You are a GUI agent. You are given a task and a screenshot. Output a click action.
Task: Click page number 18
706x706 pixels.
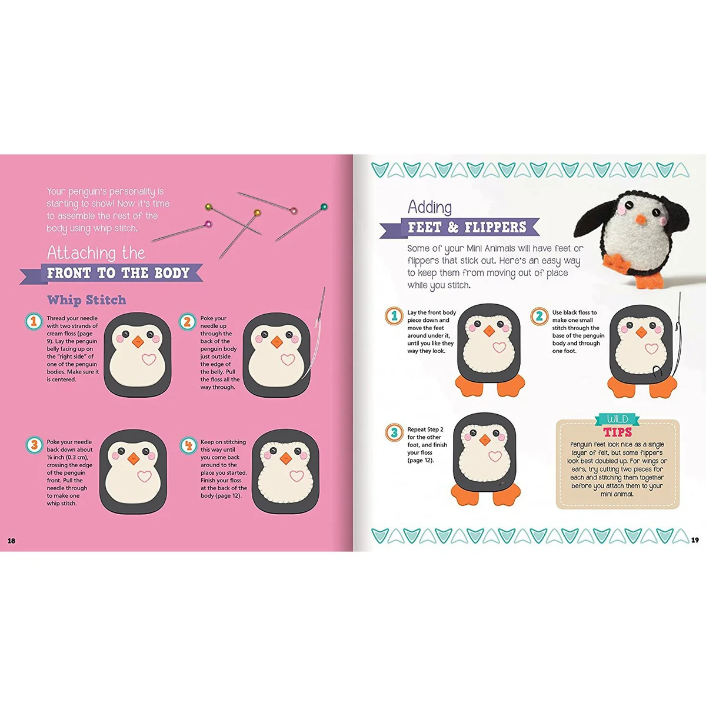(x=11, y=541)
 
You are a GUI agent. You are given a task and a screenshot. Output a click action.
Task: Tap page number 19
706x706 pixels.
(x=695, y=540)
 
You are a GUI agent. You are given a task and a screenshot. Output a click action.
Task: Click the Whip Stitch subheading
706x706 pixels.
(x=86, y=299)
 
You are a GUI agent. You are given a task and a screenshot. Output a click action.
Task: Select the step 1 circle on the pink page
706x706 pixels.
(x=34, y=321)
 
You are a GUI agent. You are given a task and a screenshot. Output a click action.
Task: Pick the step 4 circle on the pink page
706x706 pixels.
(x=188, y=445)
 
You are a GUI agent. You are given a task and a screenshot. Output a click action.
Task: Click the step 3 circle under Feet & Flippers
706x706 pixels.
(x=394, y=432)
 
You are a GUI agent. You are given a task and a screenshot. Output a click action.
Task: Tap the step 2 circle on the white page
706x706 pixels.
(x=540, y=316)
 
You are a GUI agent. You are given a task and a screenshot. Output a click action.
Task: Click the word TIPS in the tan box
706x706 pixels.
(x=618, y=432)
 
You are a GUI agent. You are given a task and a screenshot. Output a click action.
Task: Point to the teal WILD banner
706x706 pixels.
(x=617, y=419)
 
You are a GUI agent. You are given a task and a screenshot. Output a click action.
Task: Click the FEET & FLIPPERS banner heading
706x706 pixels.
(x=460, y=228)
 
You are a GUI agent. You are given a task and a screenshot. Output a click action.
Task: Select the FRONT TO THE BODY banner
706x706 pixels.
(x=112, y=273)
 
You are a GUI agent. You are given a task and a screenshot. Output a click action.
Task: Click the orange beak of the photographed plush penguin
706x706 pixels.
(x=641, y=219)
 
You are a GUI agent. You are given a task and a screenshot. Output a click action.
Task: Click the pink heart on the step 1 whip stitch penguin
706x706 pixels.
(x=149, y=359)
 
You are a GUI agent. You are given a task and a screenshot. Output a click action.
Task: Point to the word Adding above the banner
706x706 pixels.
(x=429, y=207)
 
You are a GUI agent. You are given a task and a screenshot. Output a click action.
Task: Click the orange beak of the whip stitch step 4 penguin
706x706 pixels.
(x=285, y=458)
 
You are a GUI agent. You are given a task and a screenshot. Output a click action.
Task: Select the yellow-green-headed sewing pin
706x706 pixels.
(x=234, y=219)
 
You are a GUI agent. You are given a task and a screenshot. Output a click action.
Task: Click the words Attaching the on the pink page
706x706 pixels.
(x=96, y=253)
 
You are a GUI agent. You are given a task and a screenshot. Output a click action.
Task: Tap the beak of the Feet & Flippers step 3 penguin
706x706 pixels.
(x=485, y=439)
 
